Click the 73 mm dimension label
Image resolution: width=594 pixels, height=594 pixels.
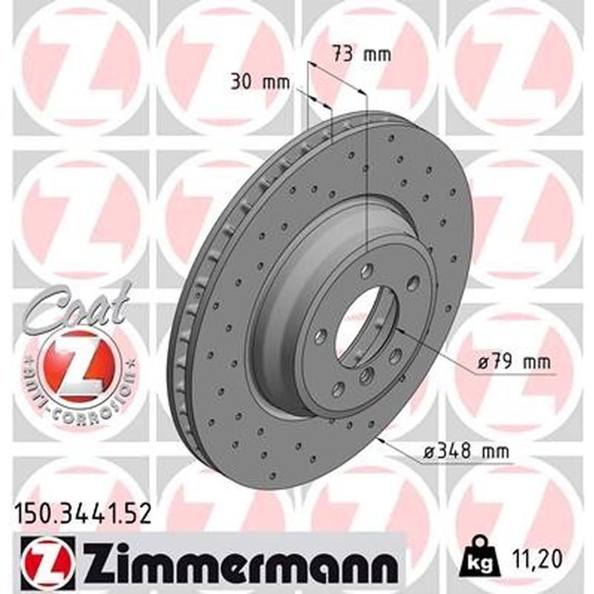pyautogui.click(x=360, y=54)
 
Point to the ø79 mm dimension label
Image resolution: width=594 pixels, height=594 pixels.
pyautogui.click(x=512, y=363)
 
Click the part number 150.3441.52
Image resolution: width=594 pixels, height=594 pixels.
pyautogui.click(x=82, y=512)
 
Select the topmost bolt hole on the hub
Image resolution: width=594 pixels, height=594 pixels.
pyautogui.click(x=366, y=272)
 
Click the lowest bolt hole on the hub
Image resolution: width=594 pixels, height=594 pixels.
pyautogui.click(x=339, y=388)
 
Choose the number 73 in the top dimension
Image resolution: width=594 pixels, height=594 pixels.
pyautogui.click(x=342, y=54)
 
